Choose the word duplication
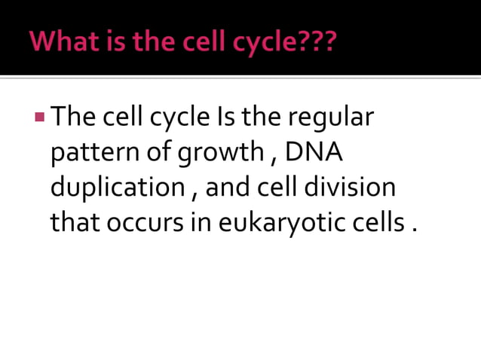tap(117, 188)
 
